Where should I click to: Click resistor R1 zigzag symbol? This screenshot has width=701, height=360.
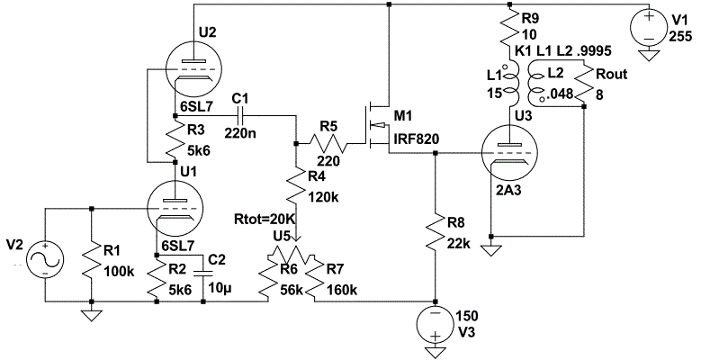[92, 261]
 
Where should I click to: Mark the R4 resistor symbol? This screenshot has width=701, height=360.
[298, 189]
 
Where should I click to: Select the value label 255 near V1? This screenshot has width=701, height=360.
[680, 37]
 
